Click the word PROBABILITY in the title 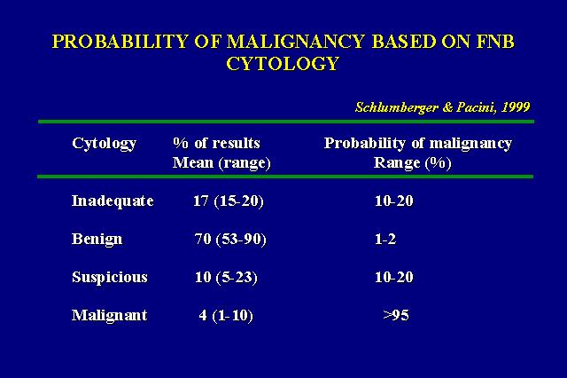coord(120,42)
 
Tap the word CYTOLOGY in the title coord(283,64)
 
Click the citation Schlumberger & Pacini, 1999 coord(443,107)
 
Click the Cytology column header coord(105,144)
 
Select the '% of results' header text coord(216,143)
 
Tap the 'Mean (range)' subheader coord(221,163)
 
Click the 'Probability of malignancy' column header coord(418,144)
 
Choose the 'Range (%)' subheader coord(412,163)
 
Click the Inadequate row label coord(113,201)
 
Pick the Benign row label coord(97,240)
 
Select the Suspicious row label coord(110,278)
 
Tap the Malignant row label coord(110,316)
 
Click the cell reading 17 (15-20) coord(229,201)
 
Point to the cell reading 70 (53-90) coord(230,240)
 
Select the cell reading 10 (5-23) coord(227,278)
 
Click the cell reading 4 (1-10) coord(226,316)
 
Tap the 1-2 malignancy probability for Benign coord(385,240)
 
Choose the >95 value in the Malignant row coord(396,315)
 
